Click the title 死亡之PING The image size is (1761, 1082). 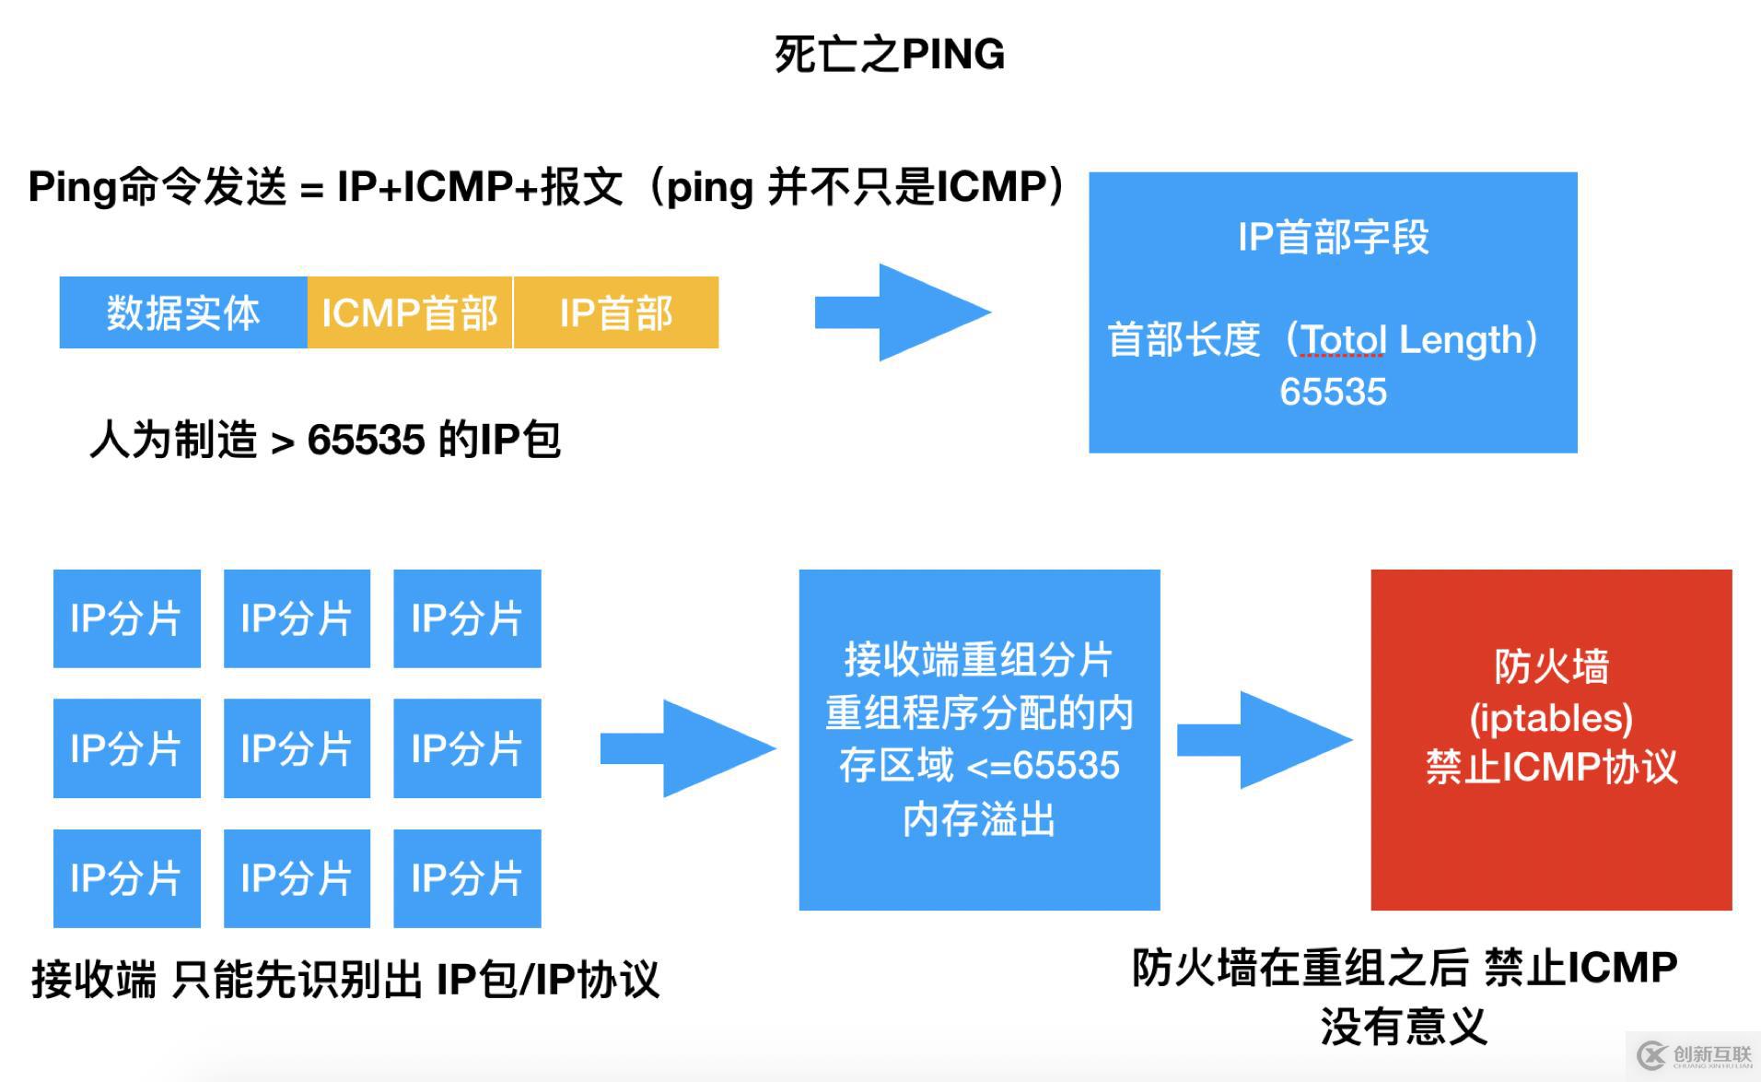click(x=889, y=54)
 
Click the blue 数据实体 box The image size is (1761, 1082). click(x=182, y=312)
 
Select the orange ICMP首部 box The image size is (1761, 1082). click(x=409, y=312)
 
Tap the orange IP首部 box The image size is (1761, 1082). click(x=615, y=312)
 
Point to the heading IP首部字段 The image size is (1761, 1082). click(x=1332, y=237)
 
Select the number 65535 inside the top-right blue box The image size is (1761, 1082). click(x=1332, y=392)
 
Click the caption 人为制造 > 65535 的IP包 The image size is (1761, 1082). click(x=324, y=440)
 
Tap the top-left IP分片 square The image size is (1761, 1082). click(x=126, y=618)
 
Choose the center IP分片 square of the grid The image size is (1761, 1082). click(x=297, y=748)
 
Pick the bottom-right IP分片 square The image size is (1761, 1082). click(x=467, y=878)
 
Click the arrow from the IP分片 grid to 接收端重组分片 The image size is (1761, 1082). click(x=687, y=747)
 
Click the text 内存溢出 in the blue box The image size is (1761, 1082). click(x=978, y=819)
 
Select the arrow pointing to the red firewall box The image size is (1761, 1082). click(x=1264, y=740)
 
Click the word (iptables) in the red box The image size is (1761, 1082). click(x=1551, y=718)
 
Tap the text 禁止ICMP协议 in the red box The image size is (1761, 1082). click(x=1551, y=768)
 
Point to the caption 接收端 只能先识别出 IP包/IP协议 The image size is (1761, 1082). click(x=345, y=980)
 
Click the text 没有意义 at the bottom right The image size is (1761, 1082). click(x=1404, y=1027)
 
